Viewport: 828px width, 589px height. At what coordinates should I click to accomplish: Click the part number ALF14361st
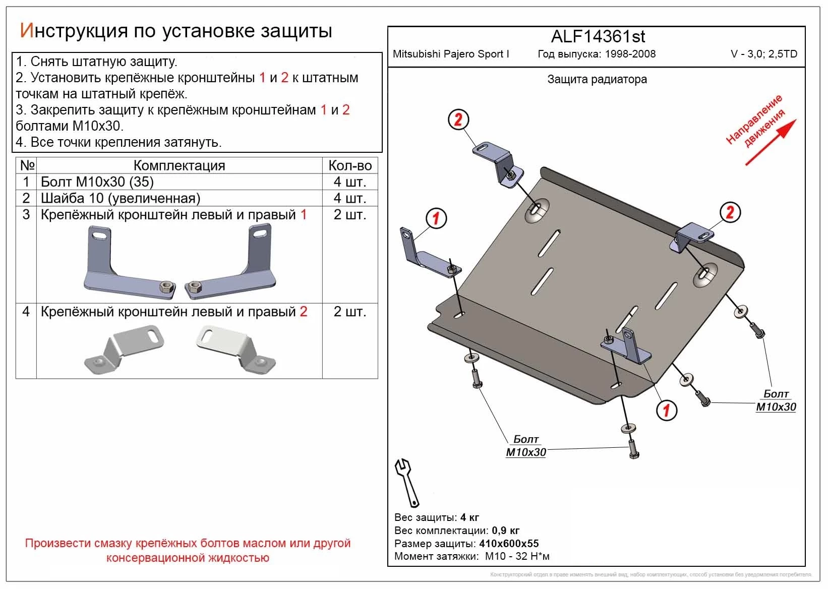598,37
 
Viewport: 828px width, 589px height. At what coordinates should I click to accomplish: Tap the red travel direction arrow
771,142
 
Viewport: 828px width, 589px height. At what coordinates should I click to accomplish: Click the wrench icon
406,482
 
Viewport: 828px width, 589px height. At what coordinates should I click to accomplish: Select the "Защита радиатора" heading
597,80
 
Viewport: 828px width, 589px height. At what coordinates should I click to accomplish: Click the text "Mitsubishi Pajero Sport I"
451,54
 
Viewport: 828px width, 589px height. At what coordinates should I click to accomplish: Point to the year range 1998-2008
630,54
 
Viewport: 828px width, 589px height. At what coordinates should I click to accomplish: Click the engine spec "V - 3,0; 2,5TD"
763,54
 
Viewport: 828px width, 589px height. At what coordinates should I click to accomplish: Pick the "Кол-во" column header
350,165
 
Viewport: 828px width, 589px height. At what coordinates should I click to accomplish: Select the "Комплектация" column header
179,165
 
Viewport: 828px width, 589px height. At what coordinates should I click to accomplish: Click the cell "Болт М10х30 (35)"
97,182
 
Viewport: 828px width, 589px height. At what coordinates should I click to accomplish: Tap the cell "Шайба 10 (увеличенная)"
120,198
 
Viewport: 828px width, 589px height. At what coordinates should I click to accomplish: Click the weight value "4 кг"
469,517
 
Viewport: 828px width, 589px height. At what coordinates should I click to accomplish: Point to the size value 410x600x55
508,544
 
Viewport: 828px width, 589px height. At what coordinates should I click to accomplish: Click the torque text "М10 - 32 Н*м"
517,557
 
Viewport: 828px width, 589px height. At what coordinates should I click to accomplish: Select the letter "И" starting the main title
26,31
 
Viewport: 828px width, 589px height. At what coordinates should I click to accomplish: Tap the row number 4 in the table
26,311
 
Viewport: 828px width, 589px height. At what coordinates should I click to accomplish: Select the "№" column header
27,165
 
